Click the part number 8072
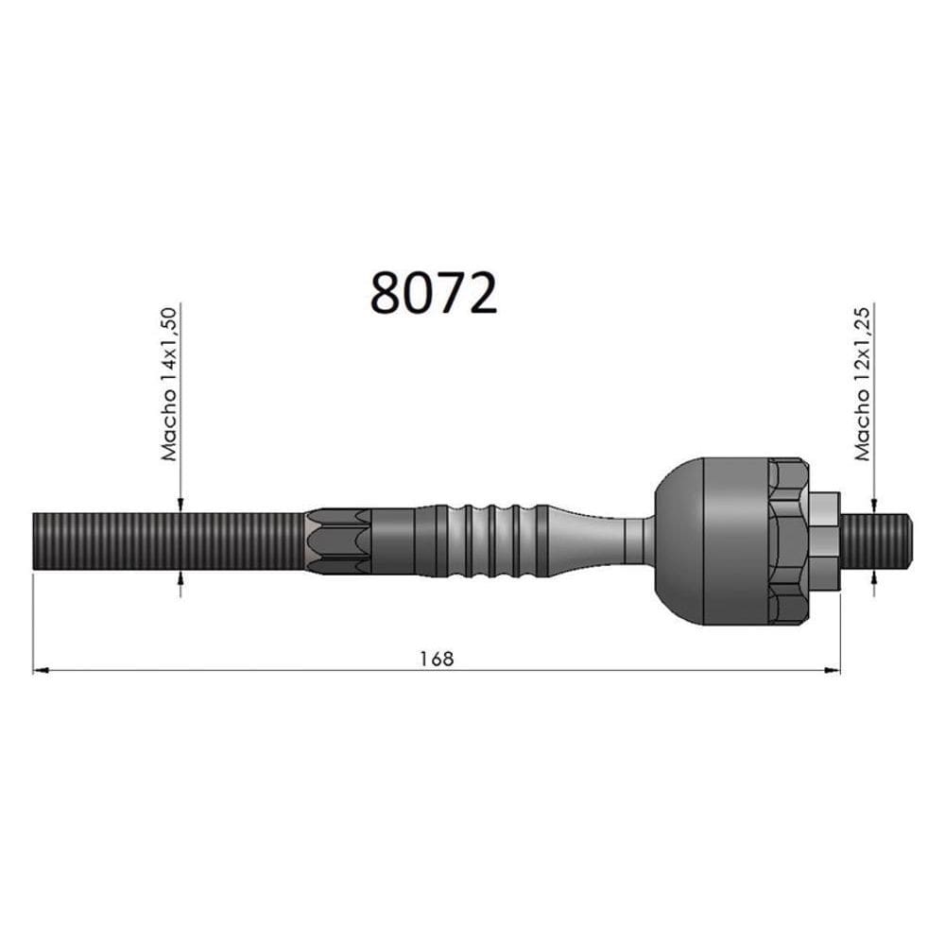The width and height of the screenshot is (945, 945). click(x=433, y=294)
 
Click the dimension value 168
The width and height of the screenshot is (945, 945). click(x=437, y=658)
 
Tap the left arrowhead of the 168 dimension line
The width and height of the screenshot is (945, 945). click(x=40, y=671)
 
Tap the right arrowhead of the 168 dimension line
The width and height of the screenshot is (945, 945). click(x=833, y=671)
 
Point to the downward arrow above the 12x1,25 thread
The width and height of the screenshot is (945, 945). click(x=874, y=505)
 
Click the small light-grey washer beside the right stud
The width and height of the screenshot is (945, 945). click(x=825, y=541)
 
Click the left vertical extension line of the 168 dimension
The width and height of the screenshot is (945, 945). click(x=33, y=624)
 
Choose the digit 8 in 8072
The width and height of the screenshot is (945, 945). click(x=386, y=294)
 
